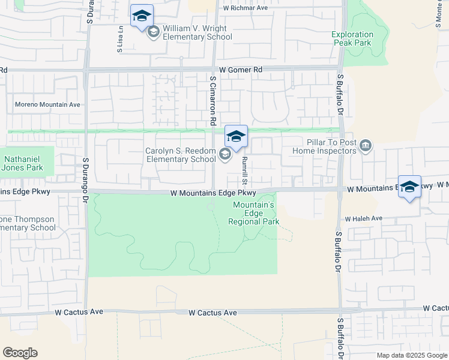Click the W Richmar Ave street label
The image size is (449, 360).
click(x=246, y=9)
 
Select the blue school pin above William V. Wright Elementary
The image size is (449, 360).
click(x=142, y=16)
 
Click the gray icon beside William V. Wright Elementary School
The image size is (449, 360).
click(x=153, y=32)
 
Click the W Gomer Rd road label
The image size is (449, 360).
click(x=241, y=70)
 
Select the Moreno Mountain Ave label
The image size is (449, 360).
click(x=47, y=104)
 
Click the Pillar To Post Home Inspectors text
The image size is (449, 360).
click(x=324, y=146)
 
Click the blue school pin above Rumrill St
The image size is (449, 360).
click(x=236, y=137)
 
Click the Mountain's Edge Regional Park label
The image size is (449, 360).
click(x=254, y=213)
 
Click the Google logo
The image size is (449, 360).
click(x=20, y=353)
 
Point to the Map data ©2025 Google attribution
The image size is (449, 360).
click(x=412, y=355)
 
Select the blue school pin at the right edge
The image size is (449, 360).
click(x=409, y=187)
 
